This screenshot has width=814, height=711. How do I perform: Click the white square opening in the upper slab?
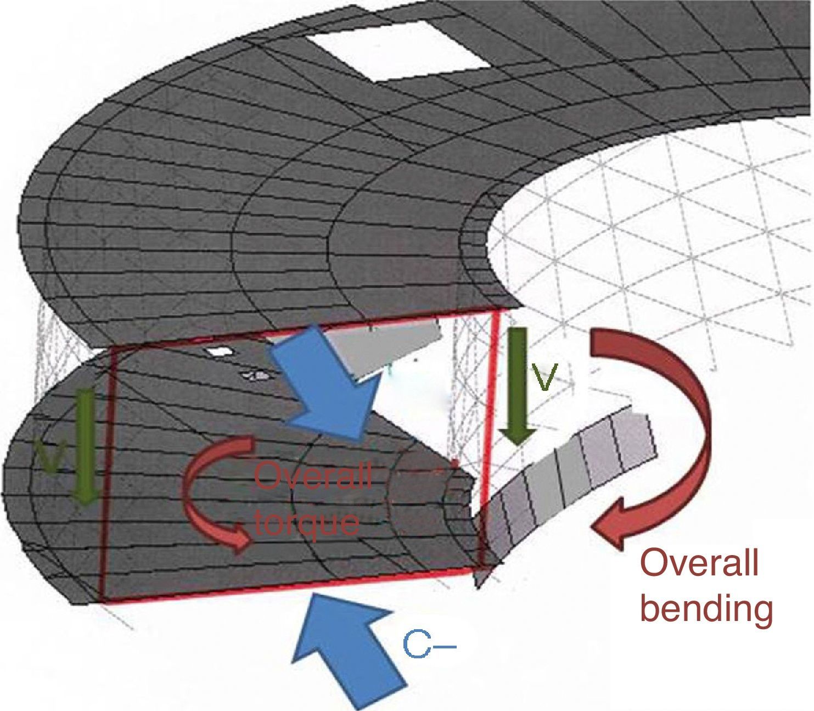tap(398, 53)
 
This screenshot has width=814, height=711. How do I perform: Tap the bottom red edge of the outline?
tap(291, 588)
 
